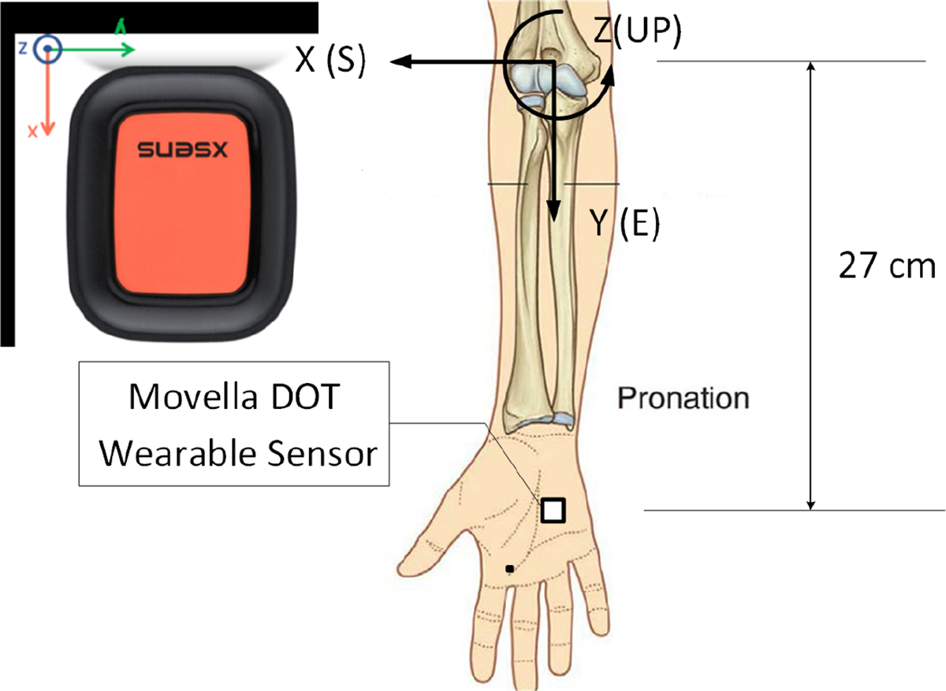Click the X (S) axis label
click(330, 62)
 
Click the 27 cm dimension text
click(886, 266)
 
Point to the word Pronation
click(683, 398)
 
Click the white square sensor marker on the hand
click(553, 511)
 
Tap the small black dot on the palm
click(510, 568)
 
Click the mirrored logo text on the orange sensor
click(181, 149)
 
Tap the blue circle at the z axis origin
click(49, 49)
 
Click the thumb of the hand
click(426, 555)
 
